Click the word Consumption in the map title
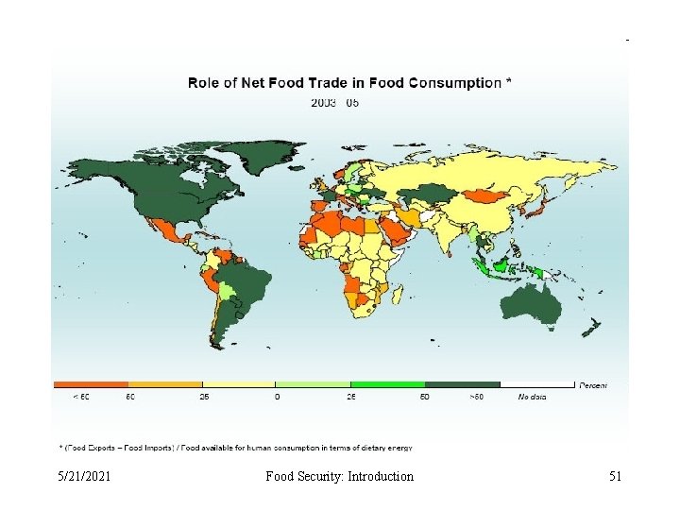455,82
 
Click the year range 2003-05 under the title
334,103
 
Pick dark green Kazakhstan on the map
428,193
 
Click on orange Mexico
167,231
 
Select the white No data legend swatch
537,384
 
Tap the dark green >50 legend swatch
462,384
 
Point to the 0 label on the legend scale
276,397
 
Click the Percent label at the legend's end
593,384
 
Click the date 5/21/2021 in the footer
84,476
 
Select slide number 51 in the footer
615,476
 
